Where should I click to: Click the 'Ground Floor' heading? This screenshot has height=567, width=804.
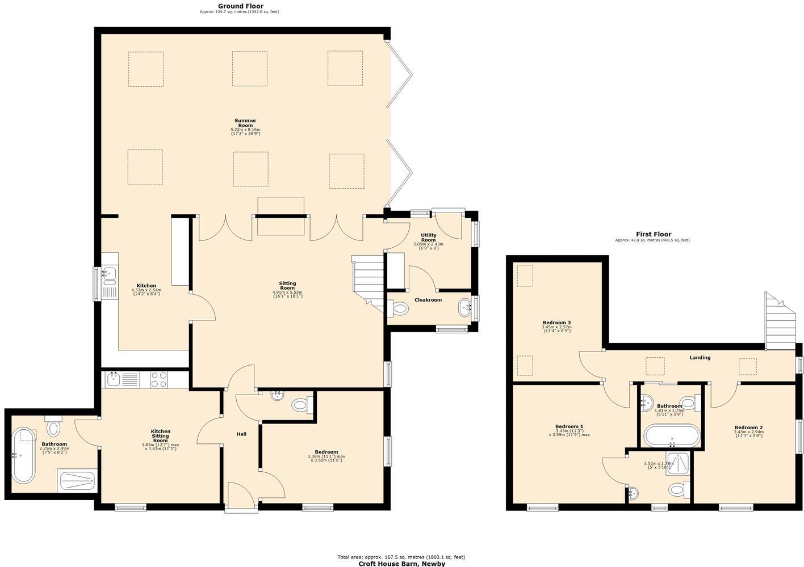click(240, 6)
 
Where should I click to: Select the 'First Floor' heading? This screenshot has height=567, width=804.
click(653, 234)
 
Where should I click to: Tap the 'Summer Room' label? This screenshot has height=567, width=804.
click(245, 123)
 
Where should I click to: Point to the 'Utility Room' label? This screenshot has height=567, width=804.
click(428, 237)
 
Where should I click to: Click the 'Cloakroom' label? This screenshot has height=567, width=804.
click(428, 300)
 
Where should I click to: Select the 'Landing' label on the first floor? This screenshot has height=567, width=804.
click(700, 358)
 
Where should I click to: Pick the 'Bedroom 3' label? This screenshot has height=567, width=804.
click(556, 323)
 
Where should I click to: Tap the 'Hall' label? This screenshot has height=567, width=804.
click(241, 434)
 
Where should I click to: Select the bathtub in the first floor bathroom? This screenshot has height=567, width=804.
click(672, 437)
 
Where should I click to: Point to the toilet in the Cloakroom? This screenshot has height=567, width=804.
click(400, 309)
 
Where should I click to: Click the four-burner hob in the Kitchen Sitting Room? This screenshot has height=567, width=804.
click(159, 379)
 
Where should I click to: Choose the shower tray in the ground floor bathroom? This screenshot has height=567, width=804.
click(77, 481)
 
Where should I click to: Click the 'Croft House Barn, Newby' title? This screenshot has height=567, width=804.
click(401, 564)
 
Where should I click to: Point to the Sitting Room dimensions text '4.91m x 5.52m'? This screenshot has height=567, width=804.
click(287, 293)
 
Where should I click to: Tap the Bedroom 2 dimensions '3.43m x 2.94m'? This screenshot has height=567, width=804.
click(748, 432)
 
